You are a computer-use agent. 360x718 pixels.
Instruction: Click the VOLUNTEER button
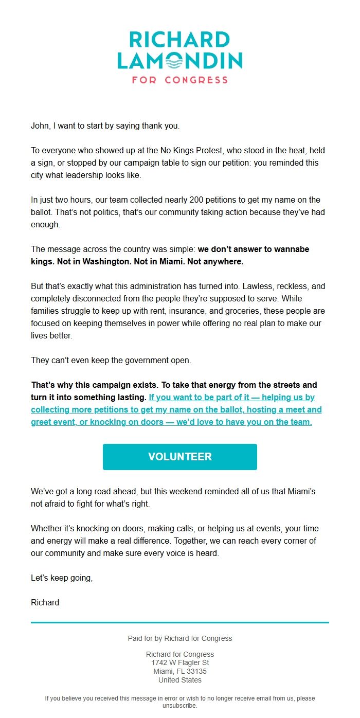(179, 457)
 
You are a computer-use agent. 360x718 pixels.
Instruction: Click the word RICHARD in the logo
(179, 40)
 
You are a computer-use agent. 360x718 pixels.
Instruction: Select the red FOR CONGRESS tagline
(179, 80)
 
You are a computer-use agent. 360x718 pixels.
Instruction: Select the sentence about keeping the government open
(111, 360)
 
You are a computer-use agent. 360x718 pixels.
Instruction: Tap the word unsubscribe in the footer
(179, 706)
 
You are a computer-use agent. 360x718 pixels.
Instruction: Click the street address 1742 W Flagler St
(179, 663)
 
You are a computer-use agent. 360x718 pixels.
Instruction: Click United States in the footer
(179, 680)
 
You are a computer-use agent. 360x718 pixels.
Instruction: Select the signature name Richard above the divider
(45, 602)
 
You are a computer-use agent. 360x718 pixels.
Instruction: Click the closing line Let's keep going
(62, 578)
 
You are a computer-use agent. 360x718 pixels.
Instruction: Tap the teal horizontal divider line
(179, 623)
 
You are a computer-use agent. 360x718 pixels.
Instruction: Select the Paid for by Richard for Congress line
(179, 638)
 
